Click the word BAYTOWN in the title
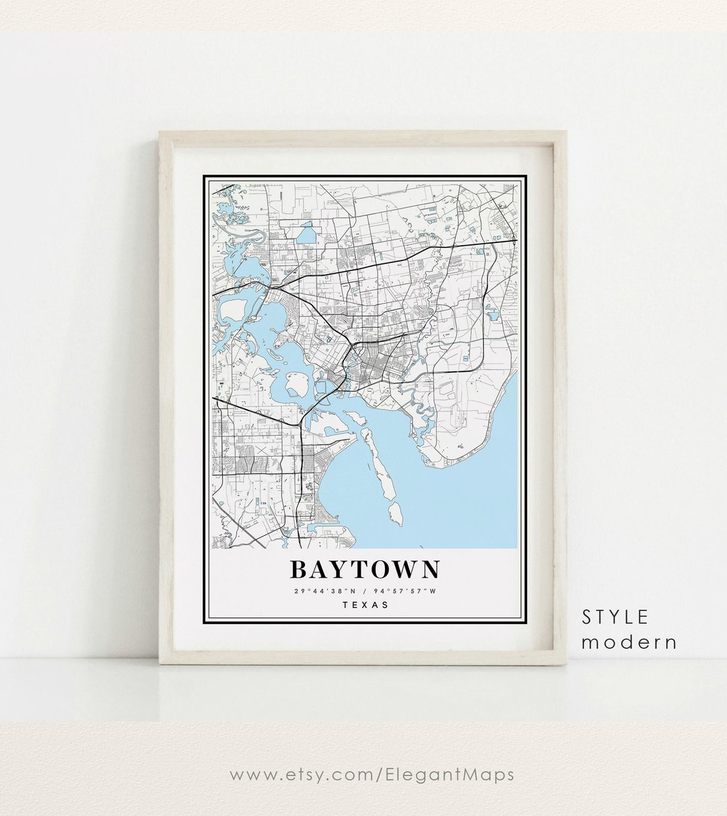(364, 570)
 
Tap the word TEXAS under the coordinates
(366, 604)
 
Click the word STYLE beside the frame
(616, 616)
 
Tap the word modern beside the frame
(629, 642)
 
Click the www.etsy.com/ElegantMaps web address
(372, 774)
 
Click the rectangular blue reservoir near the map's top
(306, 235)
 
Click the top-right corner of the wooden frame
(566, 133)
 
